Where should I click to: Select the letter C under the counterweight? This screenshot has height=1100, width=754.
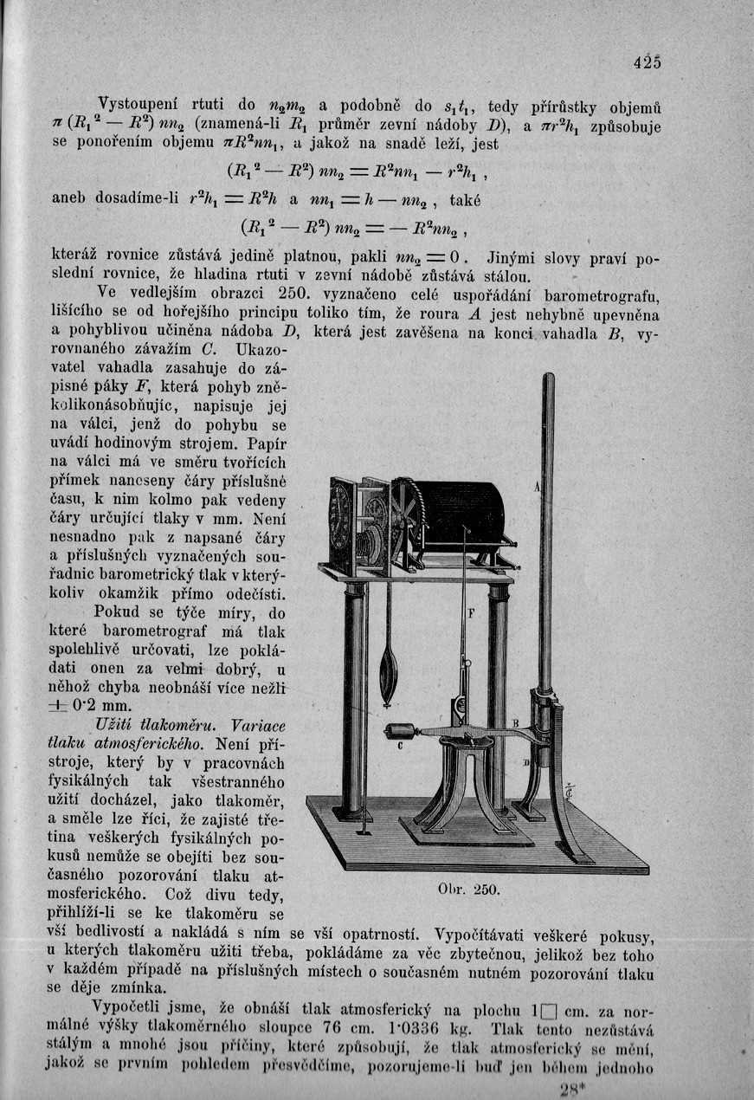[x=400, y=743]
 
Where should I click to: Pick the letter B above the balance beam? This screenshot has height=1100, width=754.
[x=514, y=723]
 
